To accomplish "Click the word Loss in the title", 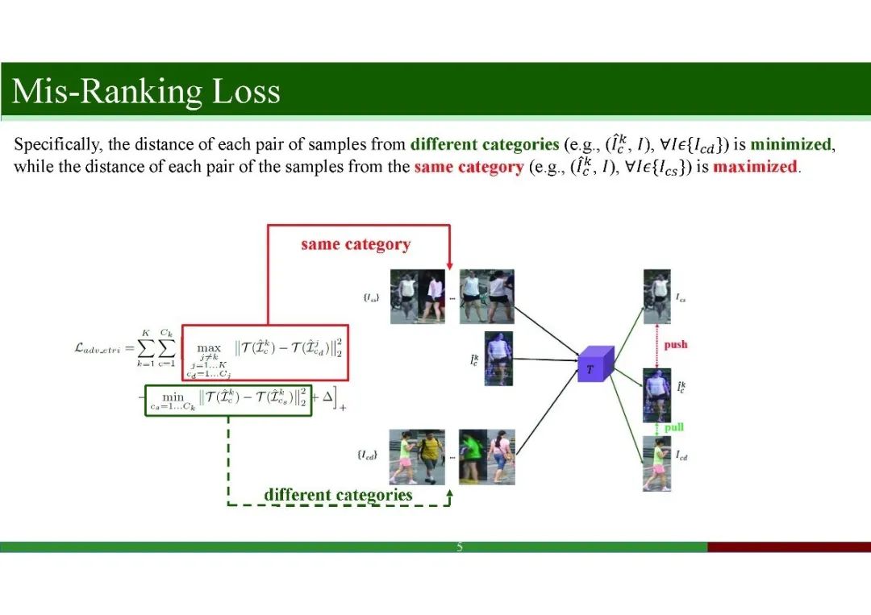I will coord(246,92).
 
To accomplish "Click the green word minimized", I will coord(790,145).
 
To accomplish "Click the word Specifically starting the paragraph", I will coord(57,145).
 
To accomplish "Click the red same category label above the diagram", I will coord(356,244).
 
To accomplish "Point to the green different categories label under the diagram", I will coord(338,495).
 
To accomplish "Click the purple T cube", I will coord(595,365).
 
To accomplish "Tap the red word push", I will coord(676,345).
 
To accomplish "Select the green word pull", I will coord(674,427).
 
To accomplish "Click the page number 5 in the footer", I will coord(460,547).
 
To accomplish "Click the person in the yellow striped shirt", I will coord(431,456).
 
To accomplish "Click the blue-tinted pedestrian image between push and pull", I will coord(656,395).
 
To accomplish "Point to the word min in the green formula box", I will coord(173,397).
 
